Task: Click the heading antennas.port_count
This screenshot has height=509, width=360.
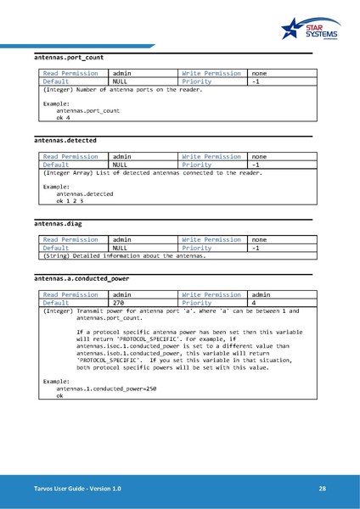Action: [x=69, y=57]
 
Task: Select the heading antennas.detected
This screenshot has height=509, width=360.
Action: [x=65, y=139]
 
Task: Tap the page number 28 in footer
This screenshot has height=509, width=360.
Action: [x=323, y=489]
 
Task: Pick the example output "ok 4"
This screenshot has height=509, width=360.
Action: [x=64, y=118]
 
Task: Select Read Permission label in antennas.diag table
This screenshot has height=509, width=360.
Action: [x=70, y=239]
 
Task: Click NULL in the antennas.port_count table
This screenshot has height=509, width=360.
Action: [x=121, y=81]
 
